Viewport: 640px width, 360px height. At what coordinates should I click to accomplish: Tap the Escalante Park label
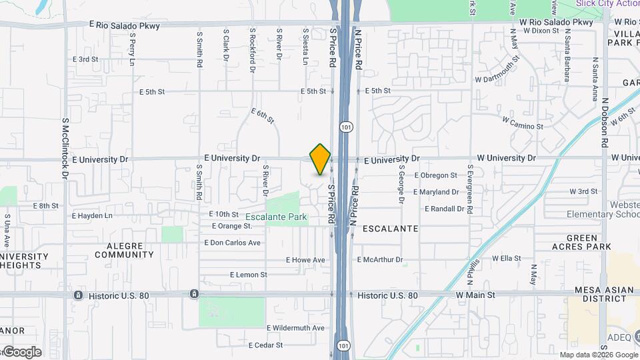click(276, 217)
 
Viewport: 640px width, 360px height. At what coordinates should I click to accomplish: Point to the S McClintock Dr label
click(65, 149)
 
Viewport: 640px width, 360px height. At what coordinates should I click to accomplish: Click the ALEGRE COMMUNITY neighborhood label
click(129, 250)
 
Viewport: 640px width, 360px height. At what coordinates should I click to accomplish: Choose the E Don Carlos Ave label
click(233, 243)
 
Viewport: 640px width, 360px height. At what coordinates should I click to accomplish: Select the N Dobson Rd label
click(605, 123)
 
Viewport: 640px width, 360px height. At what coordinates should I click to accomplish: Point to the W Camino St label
click(523, 123)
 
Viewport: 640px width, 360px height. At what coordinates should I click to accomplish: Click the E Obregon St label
click(435, 175)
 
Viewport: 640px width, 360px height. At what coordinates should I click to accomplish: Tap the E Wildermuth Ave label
click(295, 328)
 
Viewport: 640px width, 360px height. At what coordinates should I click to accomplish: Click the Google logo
click(21, 352)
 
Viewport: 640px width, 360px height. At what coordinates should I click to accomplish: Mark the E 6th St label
click(263, 116)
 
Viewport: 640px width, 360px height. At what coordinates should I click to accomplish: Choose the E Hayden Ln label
click(92, 216)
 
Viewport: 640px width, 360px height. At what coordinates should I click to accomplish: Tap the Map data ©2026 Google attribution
click(598, 355)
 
